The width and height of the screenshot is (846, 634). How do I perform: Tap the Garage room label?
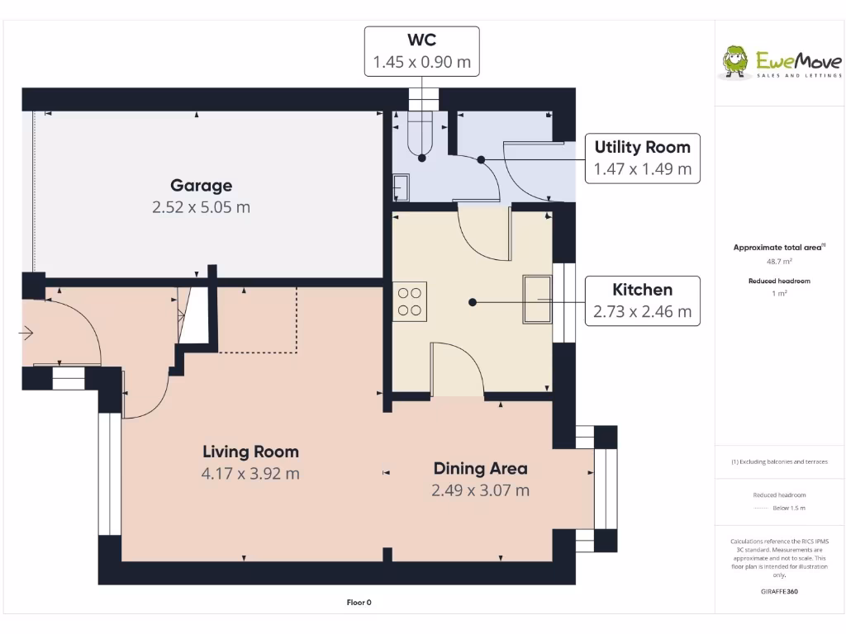(x=201, y=186)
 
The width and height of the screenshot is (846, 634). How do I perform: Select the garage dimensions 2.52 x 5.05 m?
(x=201, y=207)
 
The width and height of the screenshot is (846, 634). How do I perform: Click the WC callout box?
(x=421, y=51)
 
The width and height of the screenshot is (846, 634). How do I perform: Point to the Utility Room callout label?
(x=642, y=148)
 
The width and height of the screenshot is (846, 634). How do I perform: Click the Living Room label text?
(x=250, y=452)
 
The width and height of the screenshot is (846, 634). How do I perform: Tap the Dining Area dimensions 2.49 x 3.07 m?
(x=480, y=490)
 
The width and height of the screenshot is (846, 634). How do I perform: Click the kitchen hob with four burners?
(x=410, y=301)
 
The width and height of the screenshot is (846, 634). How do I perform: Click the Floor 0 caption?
(x=359, y=603)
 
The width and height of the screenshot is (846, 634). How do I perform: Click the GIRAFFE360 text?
(x=779, y=591)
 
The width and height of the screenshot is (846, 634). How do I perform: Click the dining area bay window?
(x=604, y=489)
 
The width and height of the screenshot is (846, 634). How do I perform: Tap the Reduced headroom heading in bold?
(x=779, y=281)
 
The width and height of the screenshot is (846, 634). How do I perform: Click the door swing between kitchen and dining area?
(x=456, y=367)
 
